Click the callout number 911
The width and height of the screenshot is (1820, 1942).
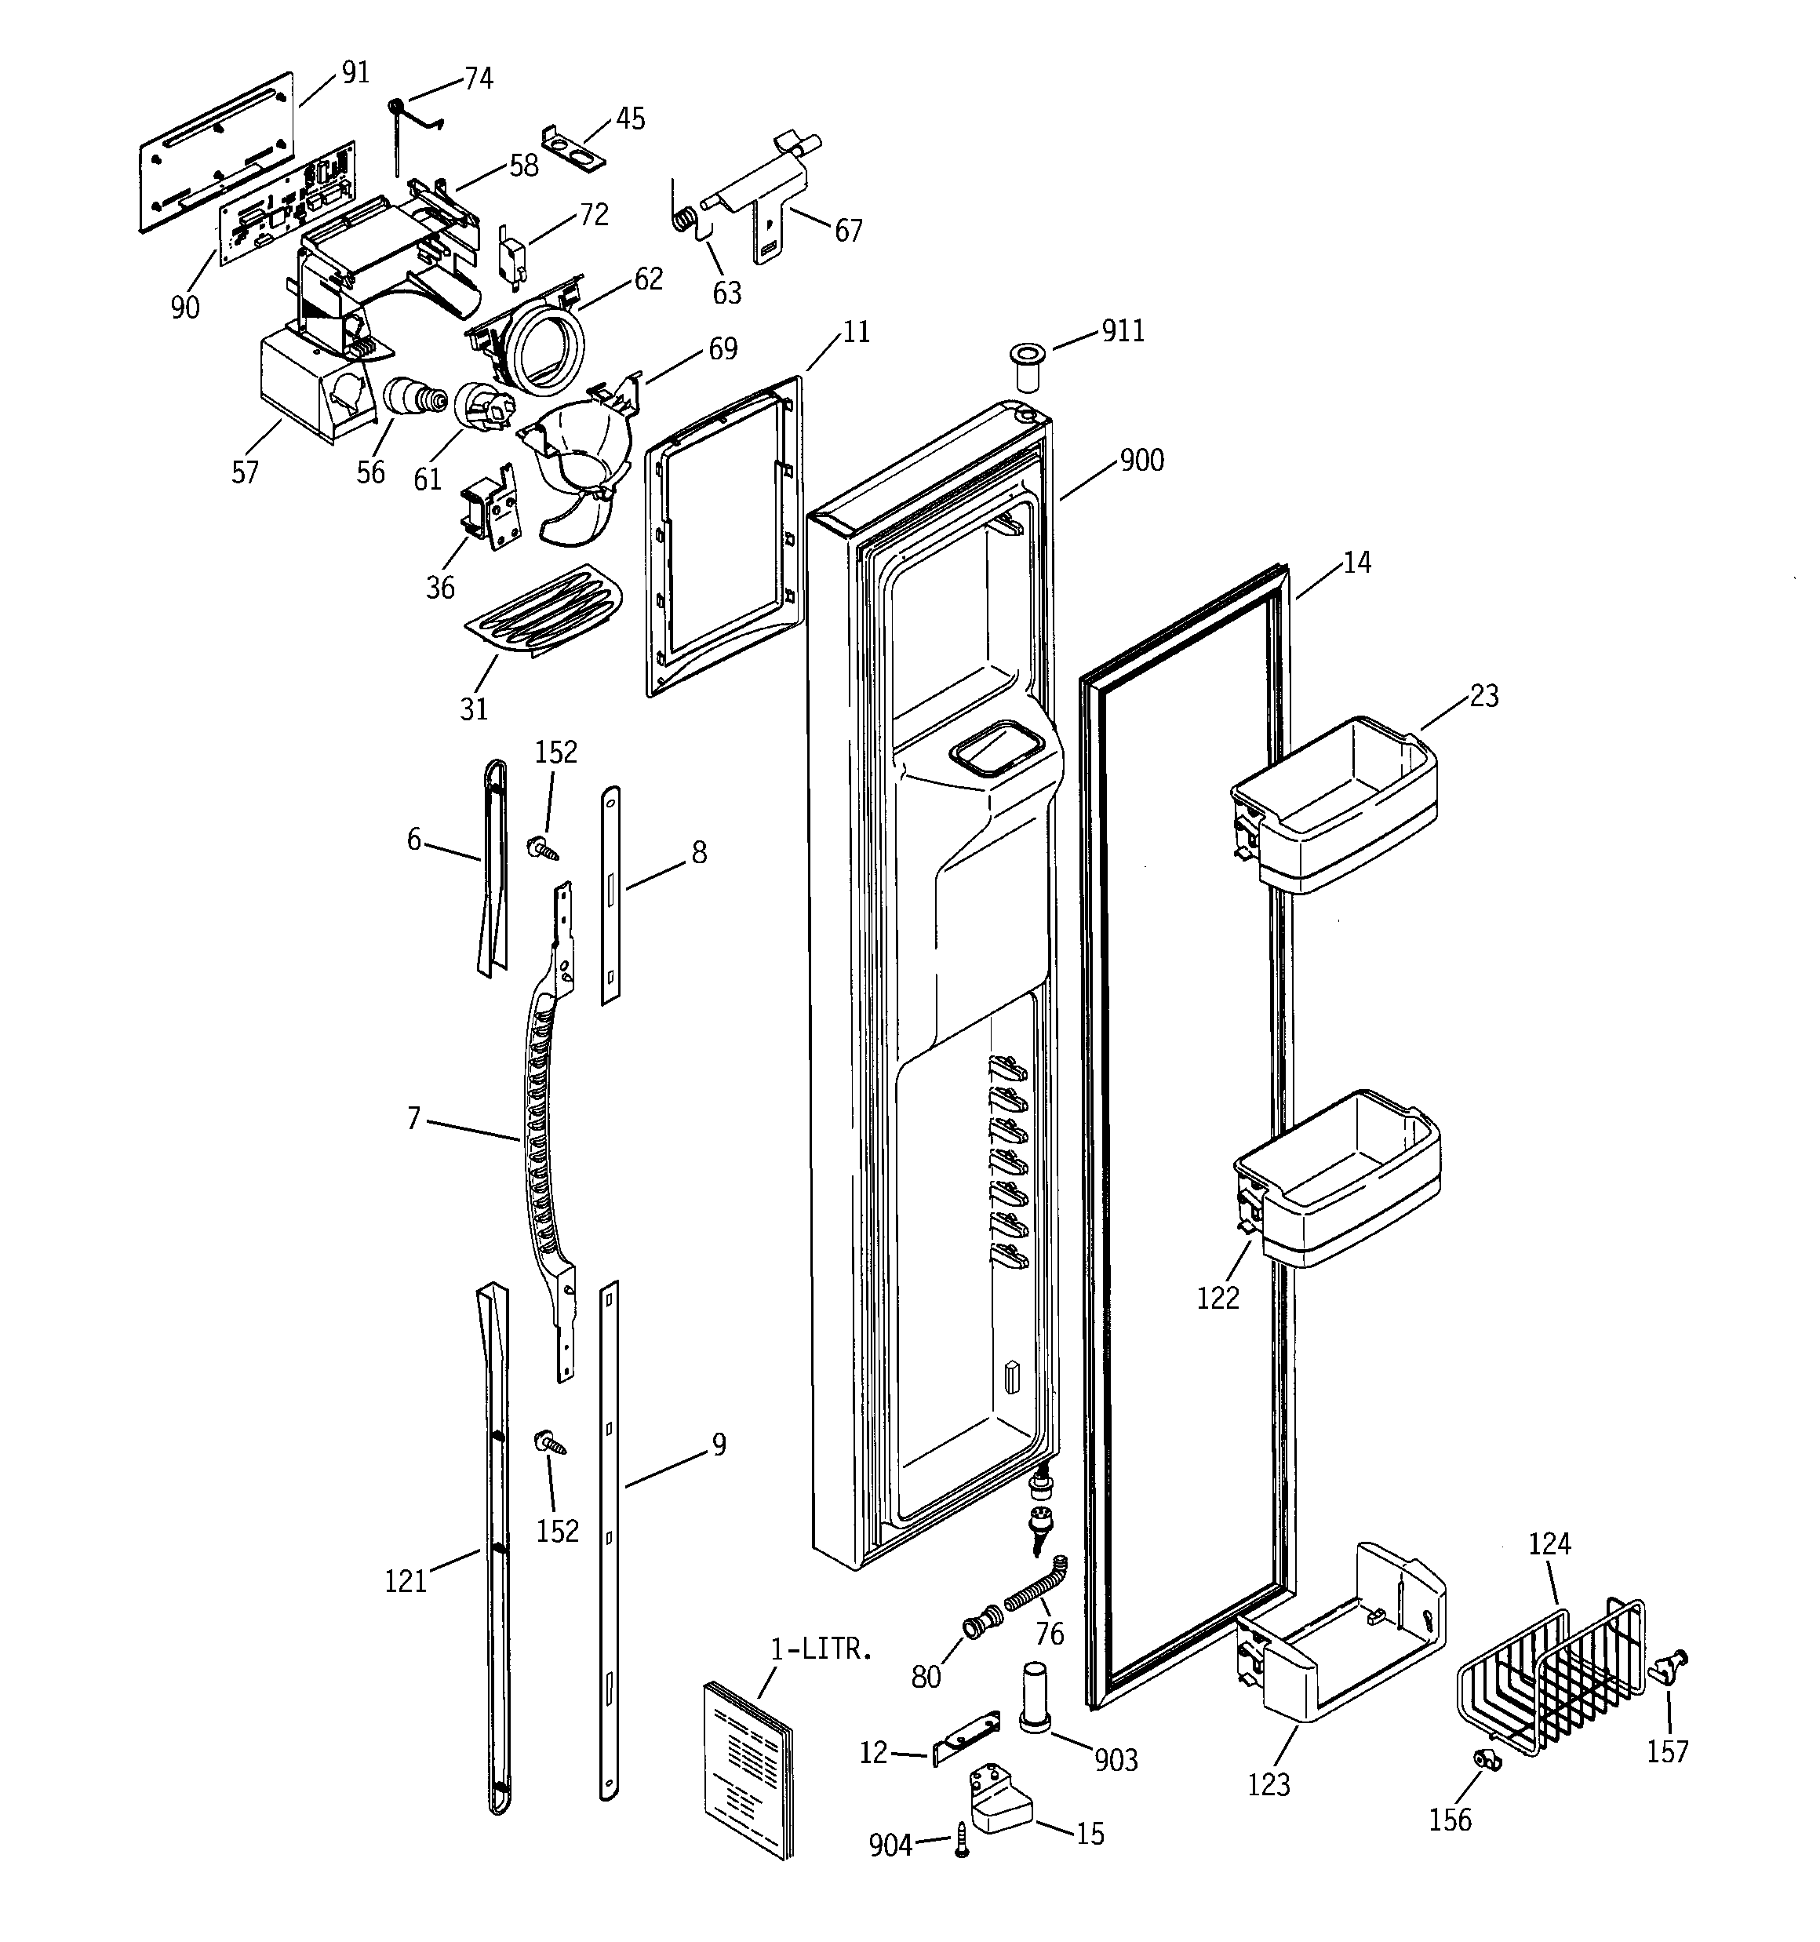(1123, 331)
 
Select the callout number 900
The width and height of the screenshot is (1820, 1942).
(1141, 460)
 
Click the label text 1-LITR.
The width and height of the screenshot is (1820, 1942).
(820, 1650)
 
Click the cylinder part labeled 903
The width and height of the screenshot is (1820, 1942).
(1036, 1698)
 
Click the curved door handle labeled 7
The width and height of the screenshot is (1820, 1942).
(542, 1124)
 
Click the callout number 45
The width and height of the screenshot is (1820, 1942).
(630, 119)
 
